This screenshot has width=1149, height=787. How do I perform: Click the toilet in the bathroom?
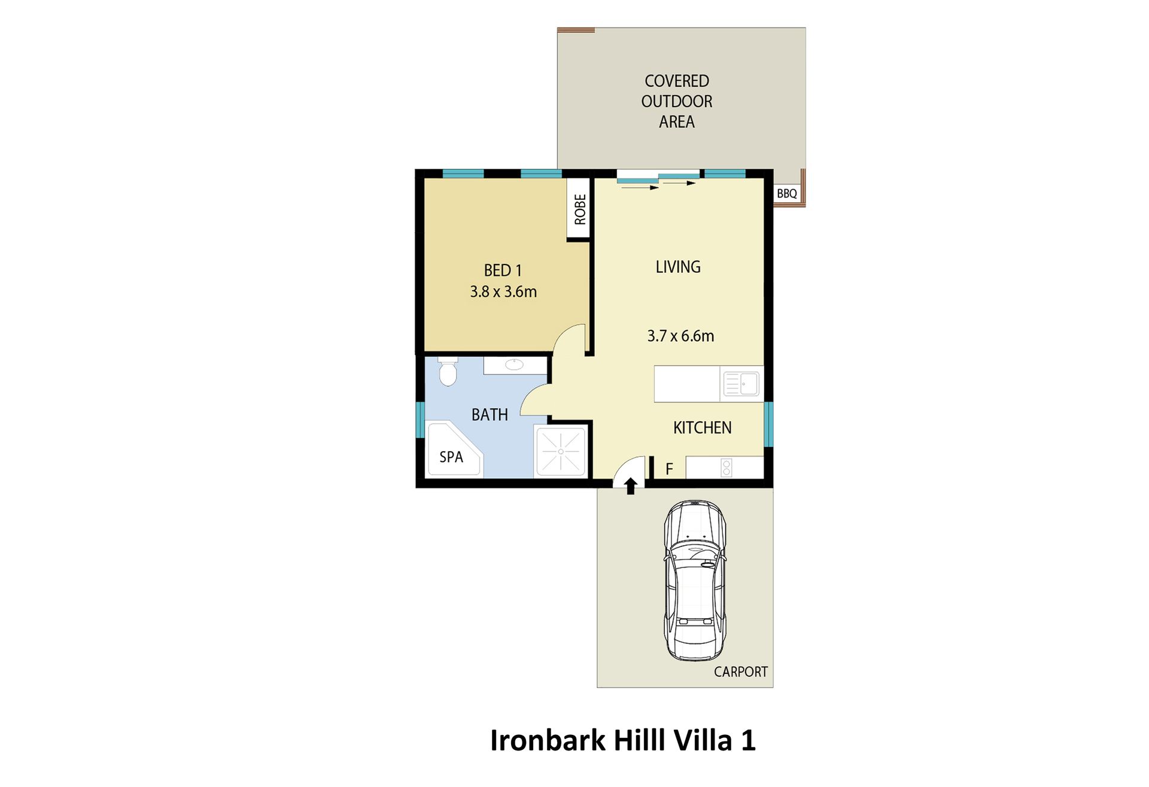click(x=448, y=372)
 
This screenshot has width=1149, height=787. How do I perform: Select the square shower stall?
click(x=561, y=451)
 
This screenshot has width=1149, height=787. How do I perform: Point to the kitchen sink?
click(x=741, y=384)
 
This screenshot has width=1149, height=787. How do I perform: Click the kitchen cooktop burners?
click(x=727, y=467)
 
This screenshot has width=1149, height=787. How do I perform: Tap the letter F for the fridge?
click(x=669, y=469)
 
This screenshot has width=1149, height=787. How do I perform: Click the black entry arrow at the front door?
click(x=630, y=485)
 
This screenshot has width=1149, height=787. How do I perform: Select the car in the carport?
click(x=695, y=581)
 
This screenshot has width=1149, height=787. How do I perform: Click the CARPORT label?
click(x=740, y=672)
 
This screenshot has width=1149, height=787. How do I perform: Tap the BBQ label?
click(x=786, y=194)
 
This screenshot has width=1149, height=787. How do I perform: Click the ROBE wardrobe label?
click(x=580, y=209)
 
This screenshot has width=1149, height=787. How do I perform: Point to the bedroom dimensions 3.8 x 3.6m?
click(x=503, y=292)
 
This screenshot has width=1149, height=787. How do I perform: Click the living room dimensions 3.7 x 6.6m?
click(x=680, y=336)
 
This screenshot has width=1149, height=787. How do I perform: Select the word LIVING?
click(x=678, y=267)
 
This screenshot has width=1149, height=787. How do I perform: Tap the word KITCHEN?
click(x=702, y=428)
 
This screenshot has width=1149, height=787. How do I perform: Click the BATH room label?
click(x=490, y=415)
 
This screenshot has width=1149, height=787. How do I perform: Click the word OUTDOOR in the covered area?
click(x=677, y=102)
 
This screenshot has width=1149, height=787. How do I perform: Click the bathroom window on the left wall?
click(x=420, y=420)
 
